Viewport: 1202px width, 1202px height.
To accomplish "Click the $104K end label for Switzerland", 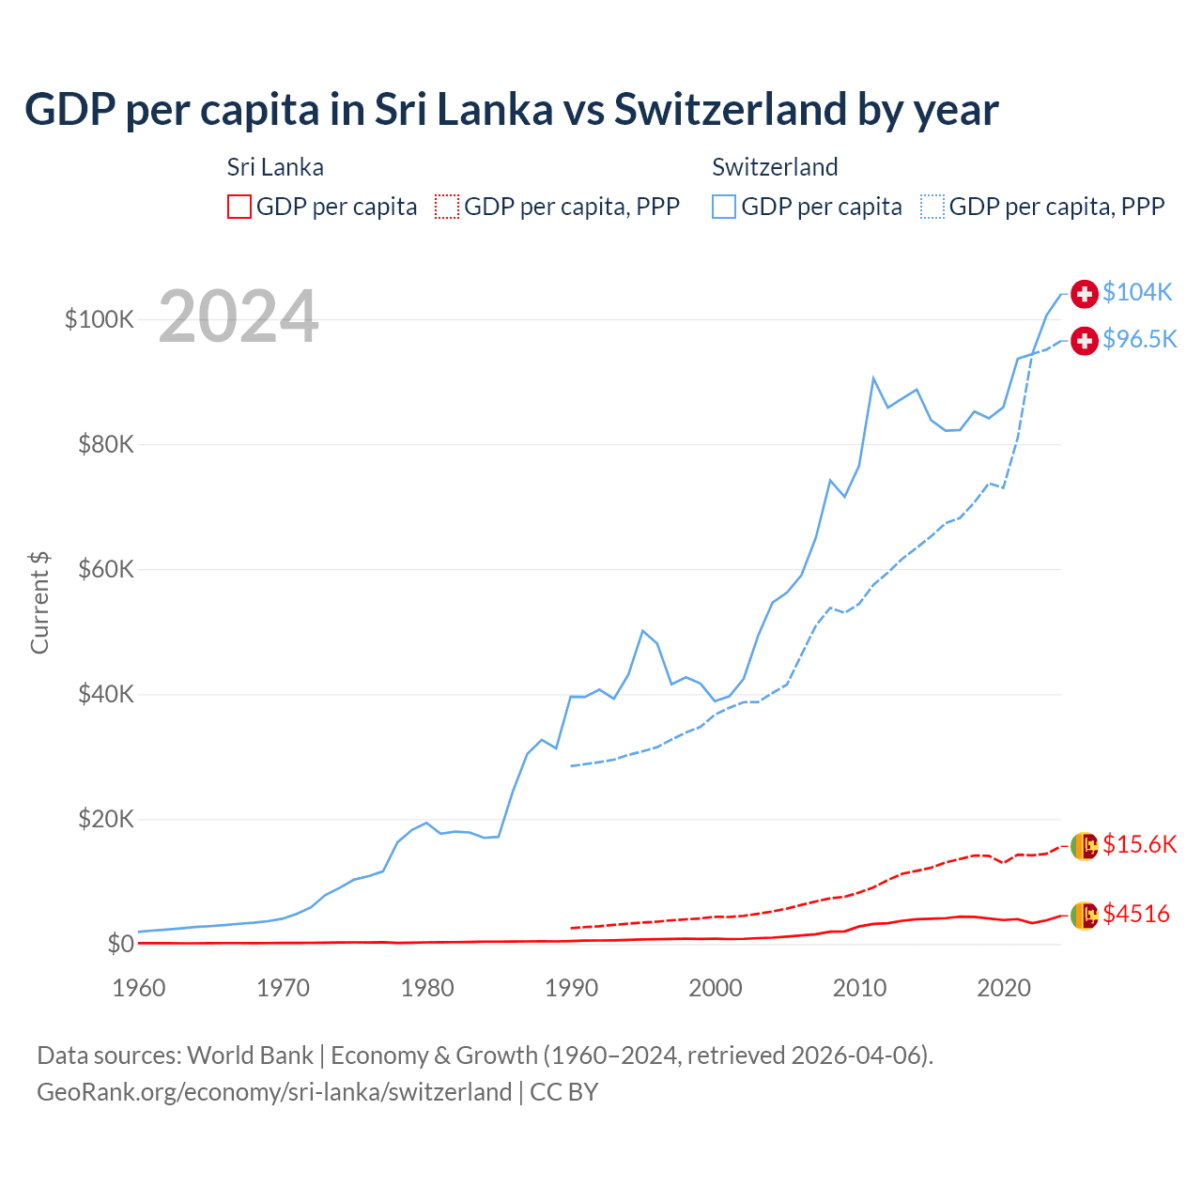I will [x=1137, y=292].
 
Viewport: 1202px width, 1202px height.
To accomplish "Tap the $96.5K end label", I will [x=1139, y=339].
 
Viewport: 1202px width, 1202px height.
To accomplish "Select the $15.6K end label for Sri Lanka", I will [x=1139, y=844].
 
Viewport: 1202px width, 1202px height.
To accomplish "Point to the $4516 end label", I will [x=1135, y=914].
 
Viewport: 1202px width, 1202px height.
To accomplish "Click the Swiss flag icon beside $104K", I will [x=1085, y=294].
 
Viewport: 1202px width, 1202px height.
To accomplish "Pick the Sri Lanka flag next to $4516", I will [x=1085, y=915].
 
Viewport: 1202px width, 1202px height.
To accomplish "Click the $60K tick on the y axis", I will [x=106, y=569].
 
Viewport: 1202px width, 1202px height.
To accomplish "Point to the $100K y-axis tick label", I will [x=100, y=319].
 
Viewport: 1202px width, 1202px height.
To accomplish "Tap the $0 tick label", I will [x=120, y=944].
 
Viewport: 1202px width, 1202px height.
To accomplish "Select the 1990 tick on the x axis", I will [x=571, y=988].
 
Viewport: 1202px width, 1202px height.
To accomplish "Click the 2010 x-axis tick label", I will [x=859, y=988].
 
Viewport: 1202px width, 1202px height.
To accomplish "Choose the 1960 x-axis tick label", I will [x=139, y=988].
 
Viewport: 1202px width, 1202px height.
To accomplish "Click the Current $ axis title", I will [x=39, y=603].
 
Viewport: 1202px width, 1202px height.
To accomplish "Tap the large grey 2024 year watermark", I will [x=239, y=316].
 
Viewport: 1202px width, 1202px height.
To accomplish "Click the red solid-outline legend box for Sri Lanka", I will [x=239, y=207].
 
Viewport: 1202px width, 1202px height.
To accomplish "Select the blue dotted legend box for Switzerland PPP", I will [x=932, y=207].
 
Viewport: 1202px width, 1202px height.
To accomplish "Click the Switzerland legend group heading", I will [x=775, y=167].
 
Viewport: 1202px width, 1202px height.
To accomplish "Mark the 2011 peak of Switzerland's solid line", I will [x=873, y=378].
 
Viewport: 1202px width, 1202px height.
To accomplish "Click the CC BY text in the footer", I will [x=563, y=1092].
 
